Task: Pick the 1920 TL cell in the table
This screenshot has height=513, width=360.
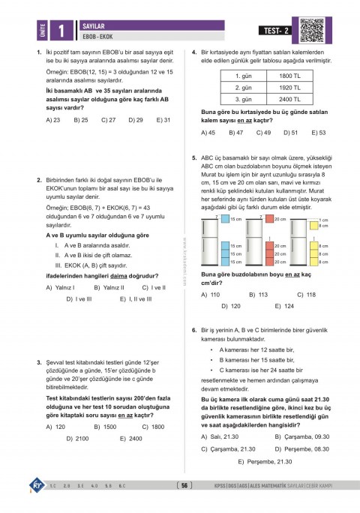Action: point(289,87)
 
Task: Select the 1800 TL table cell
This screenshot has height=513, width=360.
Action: point(289,76)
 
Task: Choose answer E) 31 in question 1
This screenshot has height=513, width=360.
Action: point(163,119)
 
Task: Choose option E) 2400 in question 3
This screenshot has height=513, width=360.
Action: point(130,438)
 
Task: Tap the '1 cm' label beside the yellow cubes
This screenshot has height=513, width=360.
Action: point(323,220)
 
